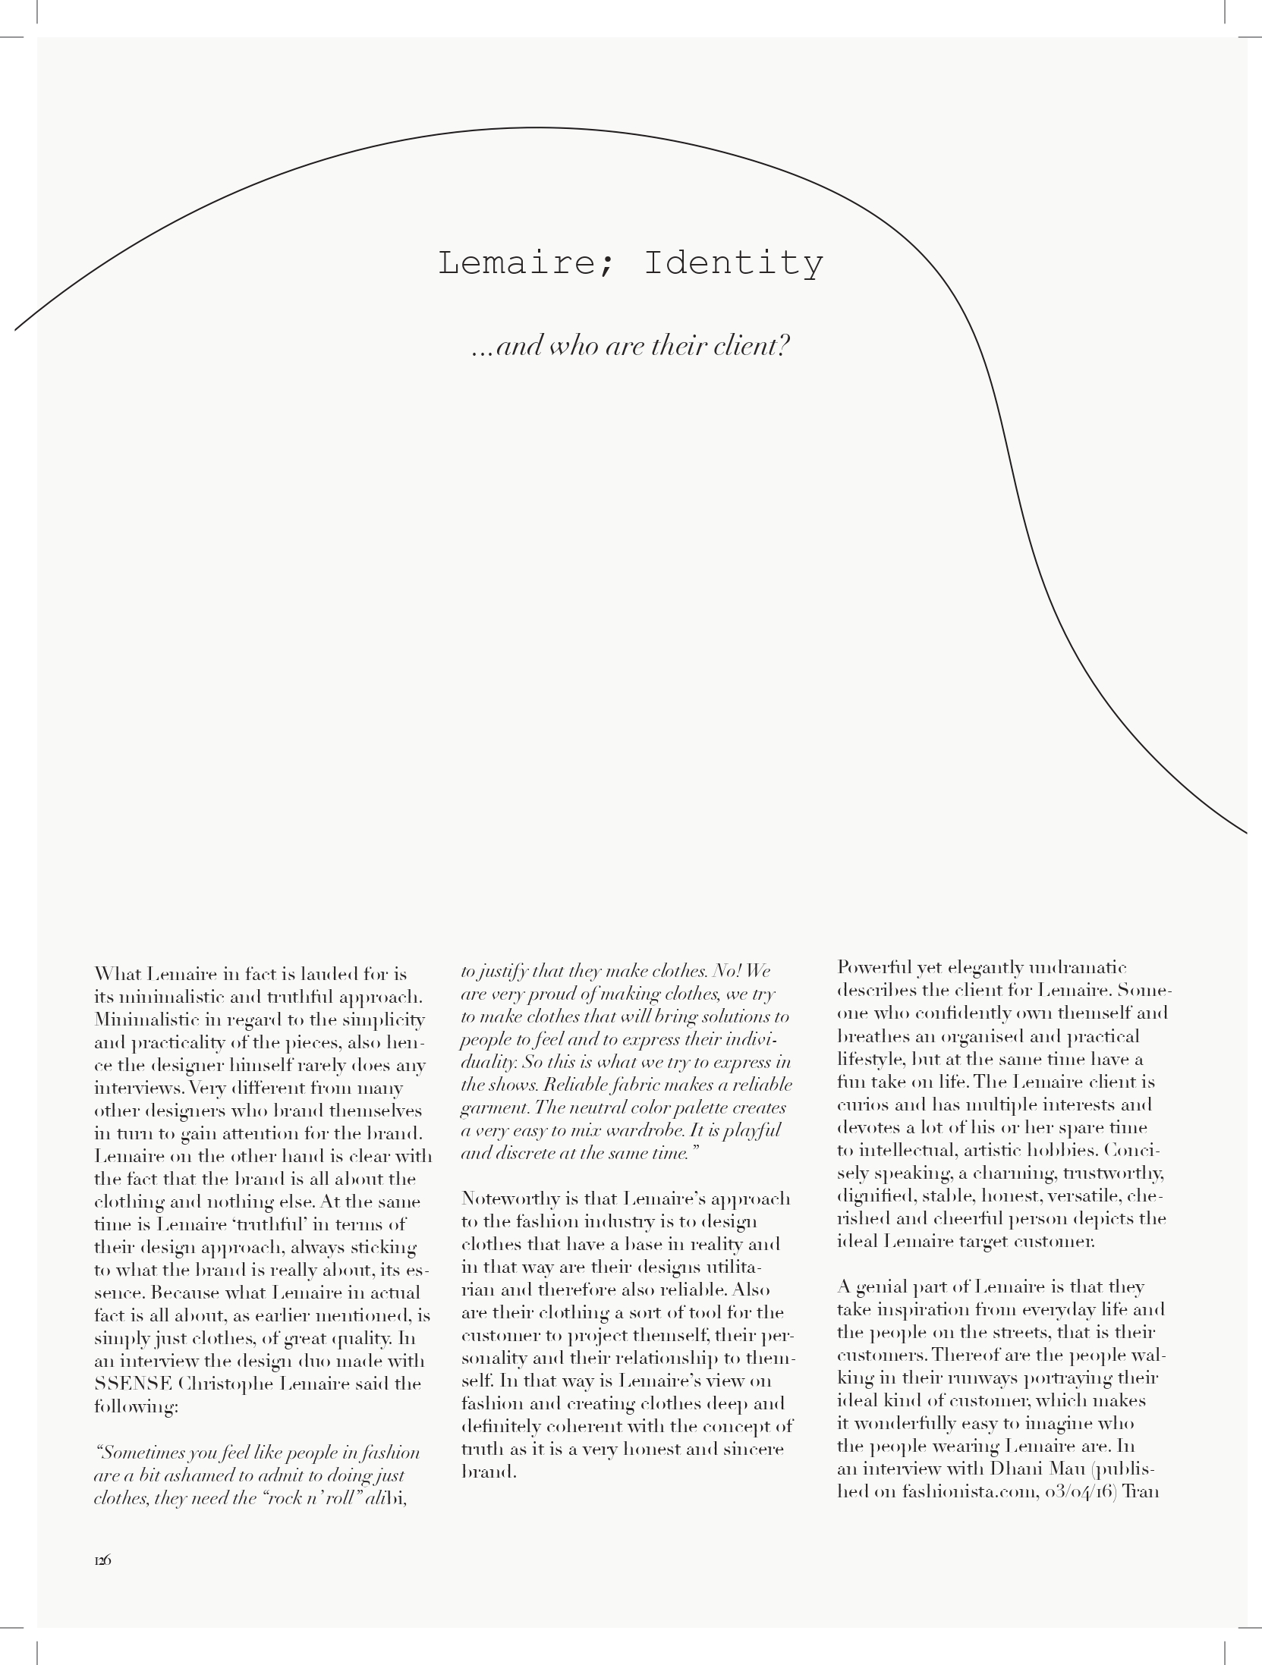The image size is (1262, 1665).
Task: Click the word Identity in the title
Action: tap(733, 263)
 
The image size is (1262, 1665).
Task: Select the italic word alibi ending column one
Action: tap(388, 1498)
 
